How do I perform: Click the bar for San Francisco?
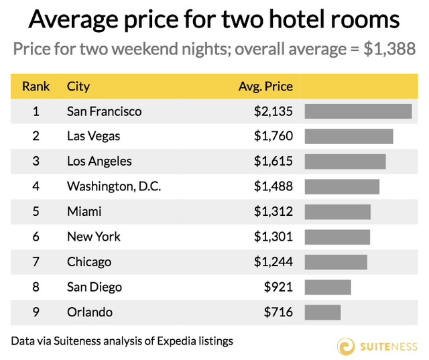[358, 111]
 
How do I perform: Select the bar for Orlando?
[322, 312]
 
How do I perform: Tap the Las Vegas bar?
[349, 137]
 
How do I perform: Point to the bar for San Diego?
[328, 288]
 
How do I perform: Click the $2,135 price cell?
[273, 111]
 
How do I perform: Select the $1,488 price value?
[273, 186]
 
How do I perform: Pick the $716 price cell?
[278, 312]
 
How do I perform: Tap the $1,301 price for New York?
[273, 237]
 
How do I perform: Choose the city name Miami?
[84, 212]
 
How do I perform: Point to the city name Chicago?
[89, 262]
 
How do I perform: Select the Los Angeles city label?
[99, 162]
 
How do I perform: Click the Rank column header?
[36, 86]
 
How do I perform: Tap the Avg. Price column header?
[266, 86]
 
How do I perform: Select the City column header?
[78, 86]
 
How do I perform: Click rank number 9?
[36, 312]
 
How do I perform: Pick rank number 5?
[36, 212]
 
